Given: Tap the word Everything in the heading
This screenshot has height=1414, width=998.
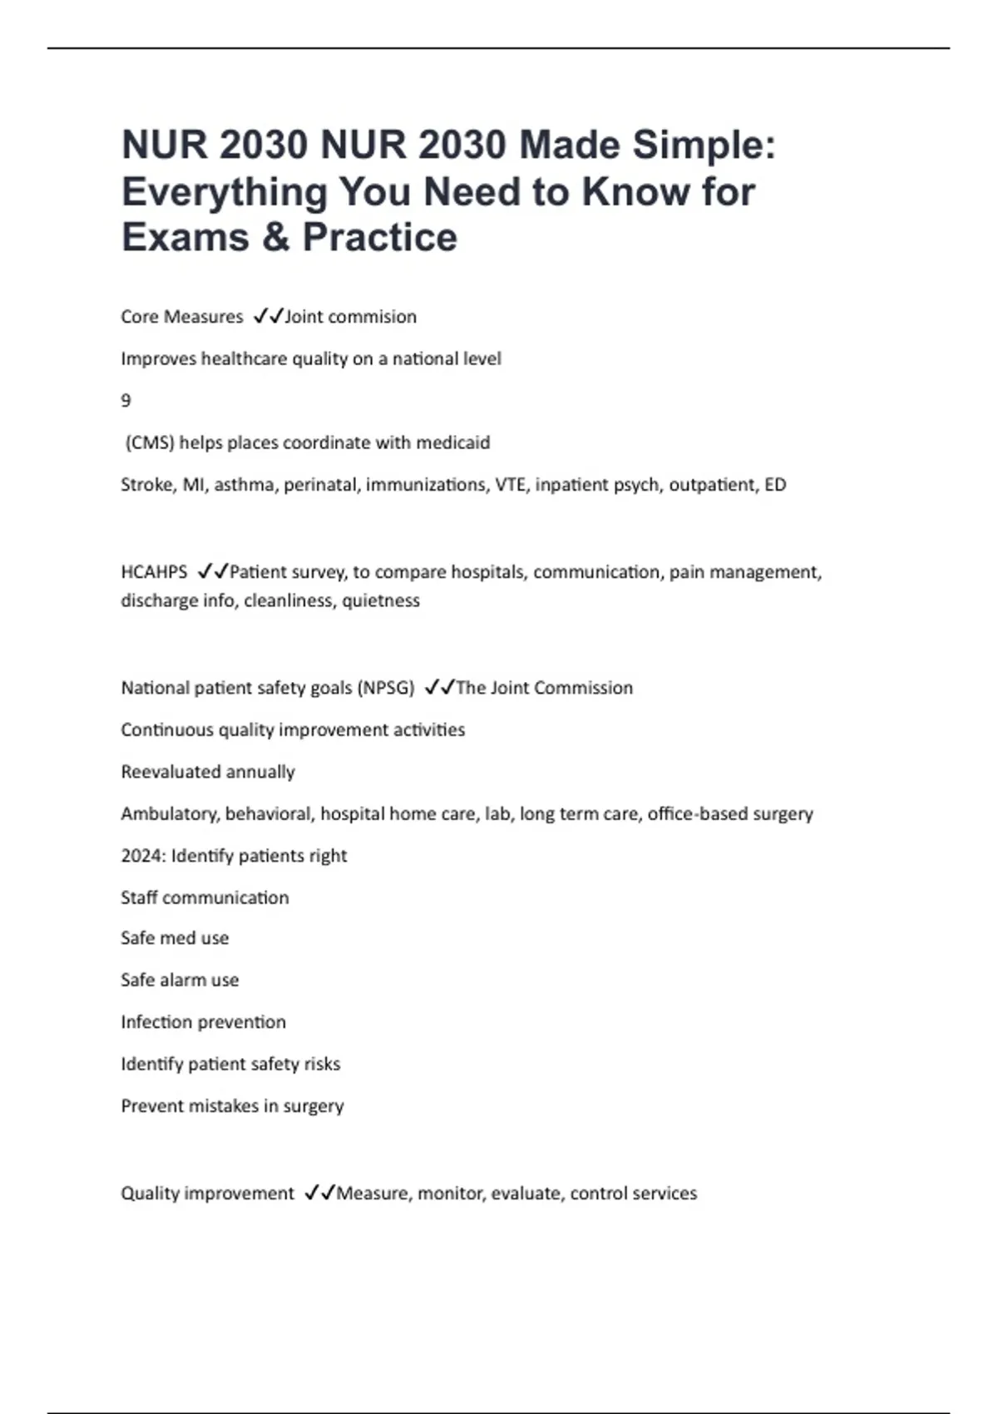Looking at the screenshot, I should pos(225,192).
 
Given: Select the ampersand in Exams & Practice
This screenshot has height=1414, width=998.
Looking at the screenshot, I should pos(275,238).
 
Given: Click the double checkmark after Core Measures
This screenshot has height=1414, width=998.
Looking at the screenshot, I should pos(268,317).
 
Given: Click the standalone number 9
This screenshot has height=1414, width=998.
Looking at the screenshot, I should pos(126,401).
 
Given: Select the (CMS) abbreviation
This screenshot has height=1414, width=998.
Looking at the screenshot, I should pos(150,442).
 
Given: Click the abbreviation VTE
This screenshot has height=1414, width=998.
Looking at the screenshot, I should pos(511,485).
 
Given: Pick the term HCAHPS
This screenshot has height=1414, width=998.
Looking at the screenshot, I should pos(154,572).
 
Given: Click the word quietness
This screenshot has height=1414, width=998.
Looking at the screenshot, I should pos(381,601).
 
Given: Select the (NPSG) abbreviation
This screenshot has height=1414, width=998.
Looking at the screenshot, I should pos(385,688).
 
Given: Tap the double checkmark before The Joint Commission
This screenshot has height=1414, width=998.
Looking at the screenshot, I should pos(438,688).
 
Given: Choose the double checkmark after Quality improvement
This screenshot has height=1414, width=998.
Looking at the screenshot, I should pos(319,1194).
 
